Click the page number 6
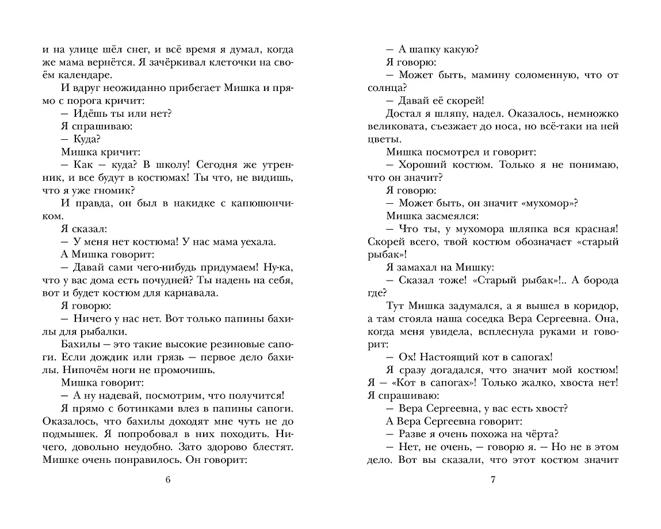click(x=167, y=481)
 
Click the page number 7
click(x=492, y=481)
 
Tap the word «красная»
click(x=591, y=229)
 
